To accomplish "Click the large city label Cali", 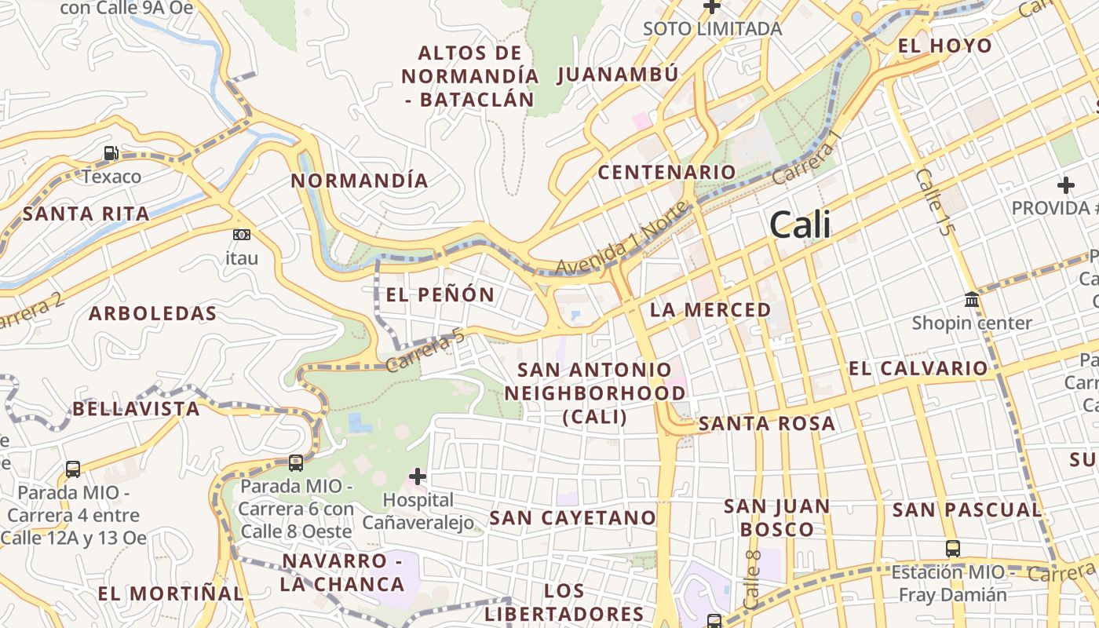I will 800,226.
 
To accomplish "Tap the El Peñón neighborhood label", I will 440,295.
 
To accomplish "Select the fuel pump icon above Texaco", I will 111,153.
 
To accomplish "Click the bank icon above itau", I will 242,234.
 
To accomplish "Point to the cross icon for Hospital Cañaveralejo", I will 418,476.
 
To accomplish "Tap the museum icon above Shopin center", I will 972,300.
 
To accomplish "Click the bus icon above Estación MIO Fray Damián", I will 953,549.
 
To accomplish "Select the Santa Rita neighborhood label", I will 86,214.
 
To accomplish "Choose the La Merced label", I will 711,309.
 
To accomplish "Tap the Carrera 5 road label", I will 425,350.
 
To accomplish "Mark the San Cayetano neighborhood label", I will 572,518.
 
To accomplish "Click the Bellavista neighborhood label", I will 137,409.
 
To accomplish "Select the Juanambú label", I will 618,75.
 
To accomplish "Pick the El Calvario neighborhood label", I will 918,368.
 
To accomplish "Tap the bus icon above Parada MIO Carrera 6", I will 296,463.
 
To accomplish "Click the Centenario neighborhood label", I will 667,172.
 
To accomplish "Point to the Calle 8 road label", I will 752,580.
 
